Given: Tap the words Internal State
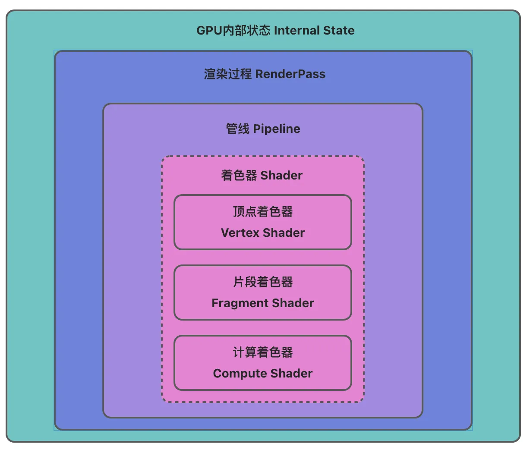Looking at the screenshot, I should pos(314,31).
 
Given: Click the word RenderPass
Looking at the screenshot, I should pos(290,74).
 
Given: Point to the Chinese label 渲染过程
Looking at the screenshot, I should pos(228,74).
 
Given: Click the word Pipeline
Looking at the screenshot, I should pos(277,129).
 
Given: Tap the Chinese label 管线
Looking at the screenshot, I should pos(238,129).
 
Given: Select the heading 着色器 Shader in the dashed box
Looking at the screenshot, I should pos(262,176).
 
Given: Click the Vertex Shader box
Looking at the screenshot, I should pos(263,222).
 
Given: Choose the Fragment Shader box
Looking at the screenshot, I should pos(263,293).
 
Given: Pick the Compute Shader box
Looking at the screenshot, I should pos(263,363).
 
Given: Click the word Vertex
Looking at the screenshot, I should pos(240,233).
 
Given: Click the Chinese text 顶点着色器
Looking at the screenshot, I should pos(263,212).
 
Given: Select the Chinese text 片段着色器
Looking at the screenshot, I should pos(263,282).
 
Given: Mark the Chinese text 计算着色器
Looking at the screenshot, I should pos(263,352).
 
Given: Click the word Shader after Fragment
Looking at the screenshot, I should pos(293,303).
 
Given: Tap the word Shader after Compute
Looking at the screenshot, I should pos(292,374).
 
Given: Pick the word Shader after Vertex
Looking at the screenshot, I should pos(284,233).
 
